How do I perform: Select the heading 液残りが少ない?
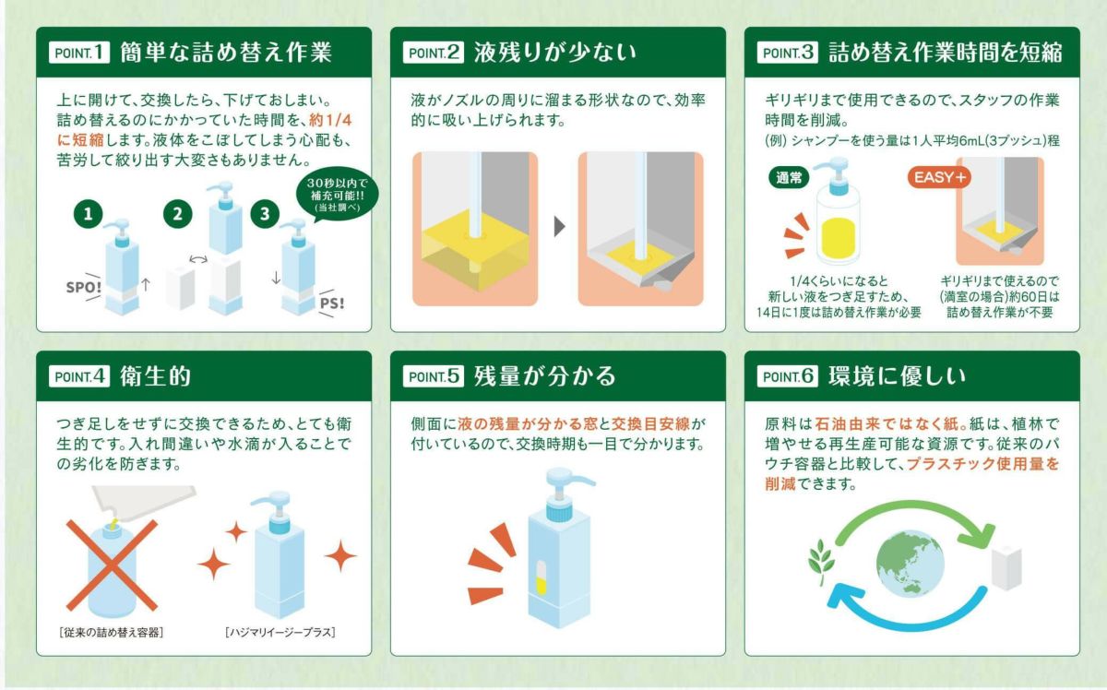pos(554,52)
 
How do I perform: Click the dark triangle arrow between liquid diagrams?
pos(558,227)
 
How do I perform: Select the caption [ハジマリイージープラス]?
pos(280,632)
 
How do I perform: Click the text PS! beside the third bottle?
pos(329,303)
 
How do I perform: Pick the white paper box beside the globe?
pos(1006,563)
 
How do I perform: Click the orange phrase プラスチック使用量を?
pos(982,465)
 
